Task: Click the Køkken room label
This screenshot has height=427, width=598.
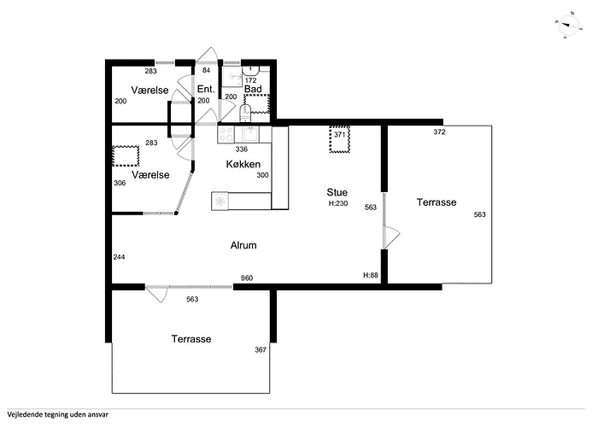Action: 243,164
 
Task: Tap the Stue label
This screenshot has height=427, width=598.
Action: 337,192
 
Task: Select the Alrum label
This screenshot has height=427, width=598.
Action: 243,245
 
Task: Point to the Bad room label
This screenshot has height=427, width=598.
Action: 253,89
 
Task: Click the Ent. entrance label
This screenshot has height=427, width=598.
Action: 206,89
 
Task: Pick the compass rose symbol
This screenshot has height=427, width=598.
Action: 568,25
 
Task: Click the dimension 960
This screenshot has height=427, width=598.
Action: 247,278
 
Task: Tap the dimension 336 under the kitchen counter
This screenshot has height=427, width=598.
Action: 242,149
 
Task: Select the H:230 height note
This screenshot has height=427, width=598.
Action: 338,203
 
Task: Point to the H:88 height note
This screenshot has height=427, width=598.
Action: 370,275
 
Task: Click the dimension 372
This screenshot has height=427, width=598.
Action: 439,132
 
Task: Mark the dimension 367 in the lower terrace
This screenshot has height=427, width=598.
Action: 261,349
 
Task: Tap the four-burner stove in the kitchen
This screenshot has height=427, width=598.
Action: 226,135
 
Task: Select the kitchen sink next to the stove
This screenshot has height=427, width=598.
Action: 250,135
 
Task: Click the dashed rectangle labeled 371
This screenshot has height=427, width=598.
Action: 339,139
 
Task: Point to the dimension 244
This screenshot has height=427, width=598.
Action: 119,257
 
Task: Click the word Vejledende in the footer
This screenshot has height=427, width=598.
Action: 22,415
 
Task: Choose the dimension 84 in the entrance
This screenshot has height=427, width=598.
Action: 207,70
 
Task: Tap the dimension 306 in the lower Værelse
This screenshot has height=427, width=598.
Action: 120,183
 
